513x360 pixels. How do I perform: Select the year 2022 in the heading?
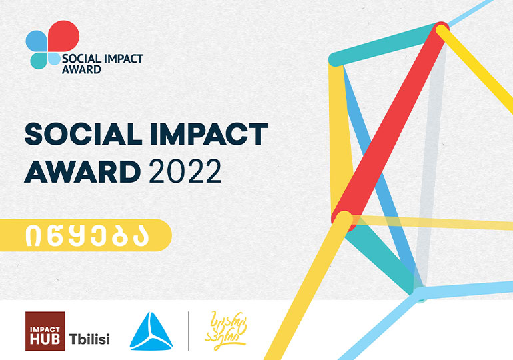click(185, 173)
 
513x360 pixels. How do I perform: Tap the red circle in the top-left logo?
click(64, 35)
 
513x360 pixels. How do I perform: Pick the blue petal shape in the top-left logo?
click(36, 42)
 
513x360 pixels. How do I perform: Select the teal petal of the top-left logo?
click(40, 60)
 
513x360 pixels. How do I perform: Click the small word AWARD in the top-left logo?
click(81, 68)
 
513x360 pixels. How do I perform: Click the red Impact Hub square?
click(45, 331)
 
